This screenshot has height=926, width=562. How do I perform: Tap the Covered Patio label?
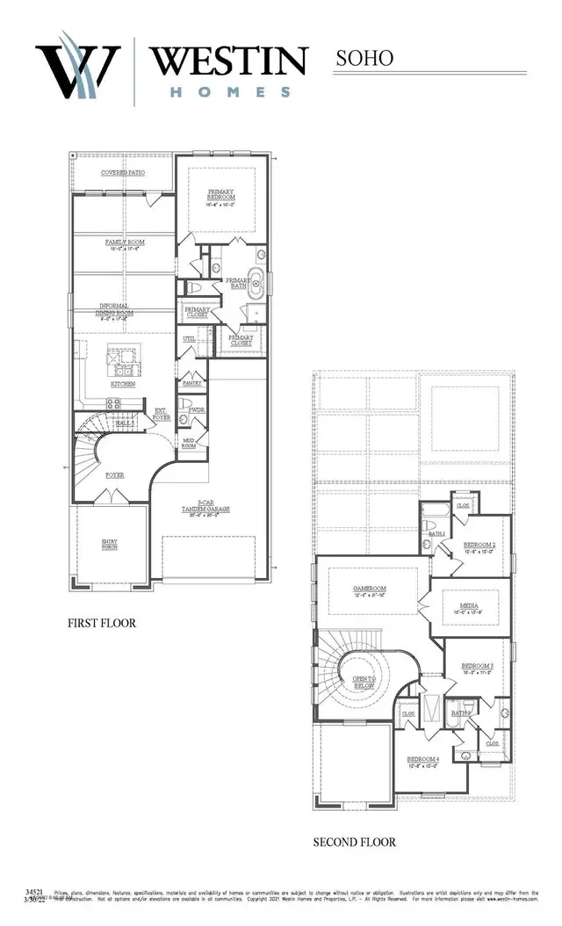click(x=123, y=172)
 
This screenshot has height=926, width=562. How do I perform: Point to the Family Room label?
click(x=125, y=243)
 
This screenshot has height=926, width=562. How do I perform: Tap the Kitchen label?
click(x=122, y=384)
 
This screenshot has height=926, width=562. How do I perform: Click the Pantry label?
click(x=192, y=383)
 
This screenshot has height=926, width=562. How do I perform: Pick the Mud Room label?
click(x=189, y=442)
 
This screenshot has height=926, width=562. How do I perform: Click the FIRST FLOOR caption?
click(x=102, y=623)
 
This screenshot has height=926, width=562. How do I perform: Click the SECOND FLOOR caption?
click(x=355, y=842)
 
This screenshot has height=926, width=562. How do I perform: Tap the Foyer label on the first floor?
click(x=114, y=475)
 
